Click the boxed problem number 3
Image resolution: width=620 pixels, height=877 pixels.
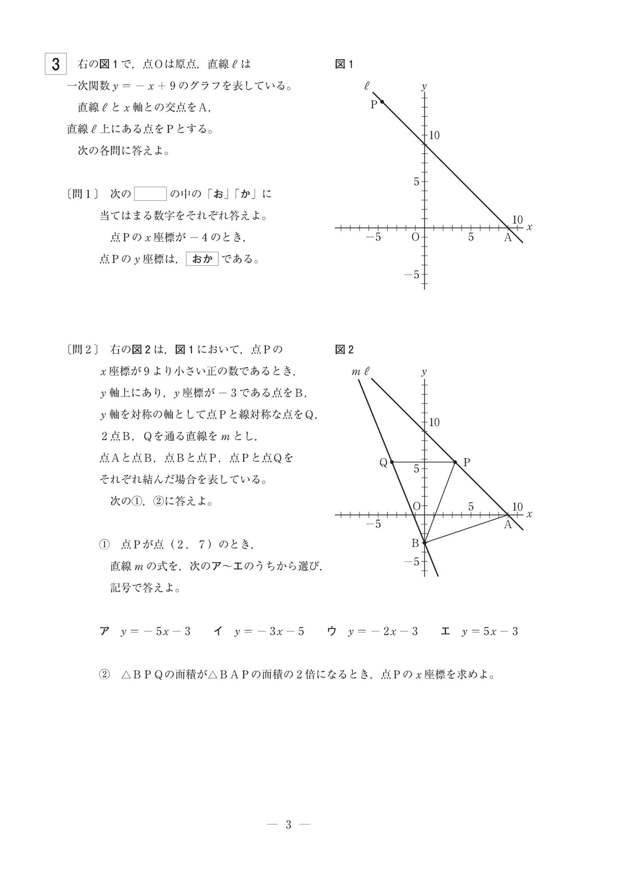(x=56, y=64)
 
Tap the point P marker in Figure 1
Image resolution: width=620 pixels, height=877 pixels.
(x=382, y=101)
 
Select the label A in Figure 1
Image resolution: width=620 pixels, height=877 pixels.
(x=507, y=237)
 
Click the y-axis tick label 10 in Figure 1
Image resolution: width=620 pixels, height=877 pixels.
(x=434, y=135)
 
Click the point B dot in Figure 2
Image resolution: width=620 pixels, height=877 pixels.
(x=425, y=542)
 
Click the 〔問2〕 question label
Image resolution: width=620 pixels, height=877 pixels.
(x=82, y=349)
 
